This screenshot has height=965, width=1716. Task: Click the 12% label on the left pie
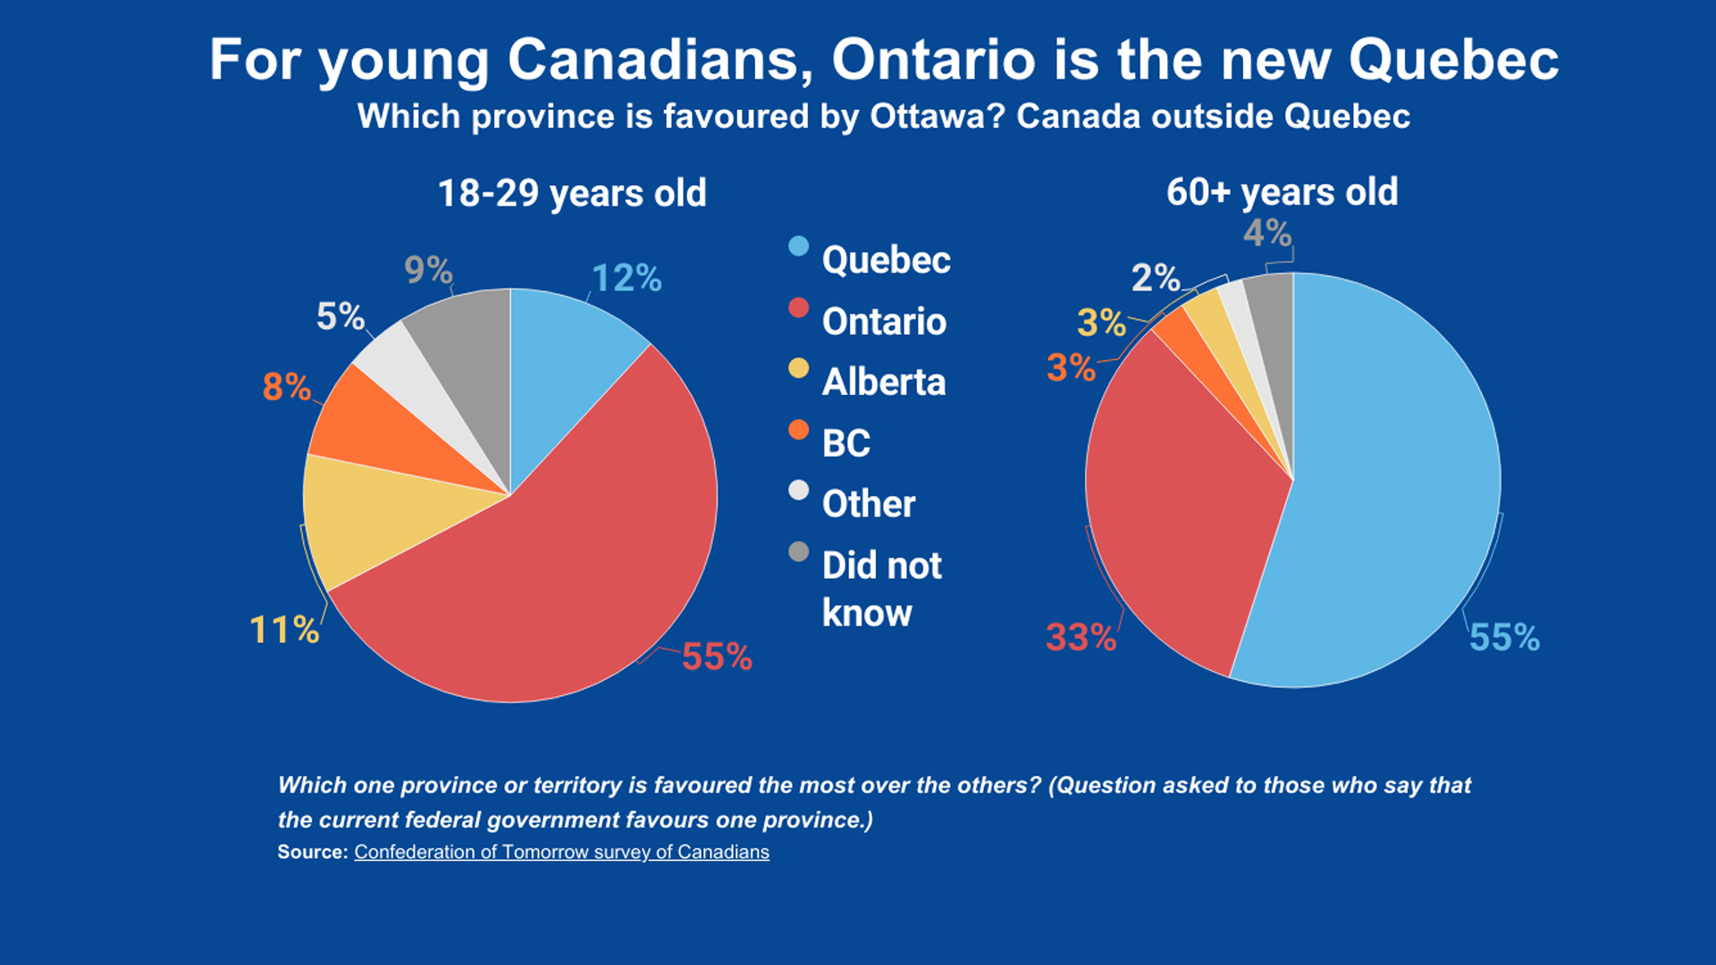627,279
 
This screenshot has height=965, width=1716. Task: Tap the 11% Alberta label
284,630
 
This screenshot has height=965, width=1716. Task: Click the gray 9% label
428,270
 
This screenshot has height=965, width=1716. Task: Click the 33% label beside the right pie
1081,637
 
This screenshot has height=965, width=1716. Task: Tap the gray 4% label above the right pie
1267,233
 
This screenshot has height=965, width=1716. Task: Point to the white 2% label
1156,278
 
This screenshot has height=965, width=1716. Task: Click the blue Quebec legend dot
798,247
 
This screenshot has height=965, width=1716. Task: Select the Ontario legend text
884,322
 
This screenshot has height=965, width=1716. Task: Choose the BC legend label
845,443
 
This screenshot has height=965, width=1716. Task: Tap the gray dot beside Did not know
798,552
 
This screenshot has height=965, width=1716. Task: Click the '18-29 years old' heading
572,193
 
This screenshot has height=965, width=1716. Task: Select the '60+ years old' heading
1282,192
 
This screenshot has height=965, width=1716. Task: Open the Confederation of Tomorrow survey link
561,852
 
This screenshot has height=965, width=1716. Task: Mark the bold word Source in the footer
312,852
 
